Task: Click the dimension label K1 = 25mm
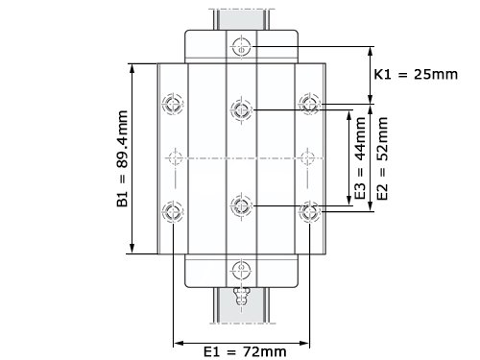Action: pyautogui.click(x=416, y=74)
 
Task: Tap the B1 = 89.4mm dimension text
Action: pyautogui.click(x=122, y=158)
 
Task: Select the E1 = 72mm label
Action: pyautogui.click(x=245, y=351)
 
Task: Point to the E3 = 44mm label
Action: pyautogui.click(x=360, y=158)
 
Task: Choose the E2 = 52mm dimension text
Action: pyautogui.click(x=382, y=158)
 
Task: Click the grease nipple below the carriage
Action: pyautogui.click(x=242, y=296)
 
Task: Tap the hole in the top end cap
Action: pyautogui.click(x=242, y=47)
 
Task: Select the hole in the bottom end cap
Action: pyautogui.click(x=242, y=270)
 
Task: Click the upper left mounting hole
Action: pyautogui.click(x=173, y=104)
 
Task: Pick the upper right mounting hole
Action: pyautogui.click(x=309, y=104)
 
